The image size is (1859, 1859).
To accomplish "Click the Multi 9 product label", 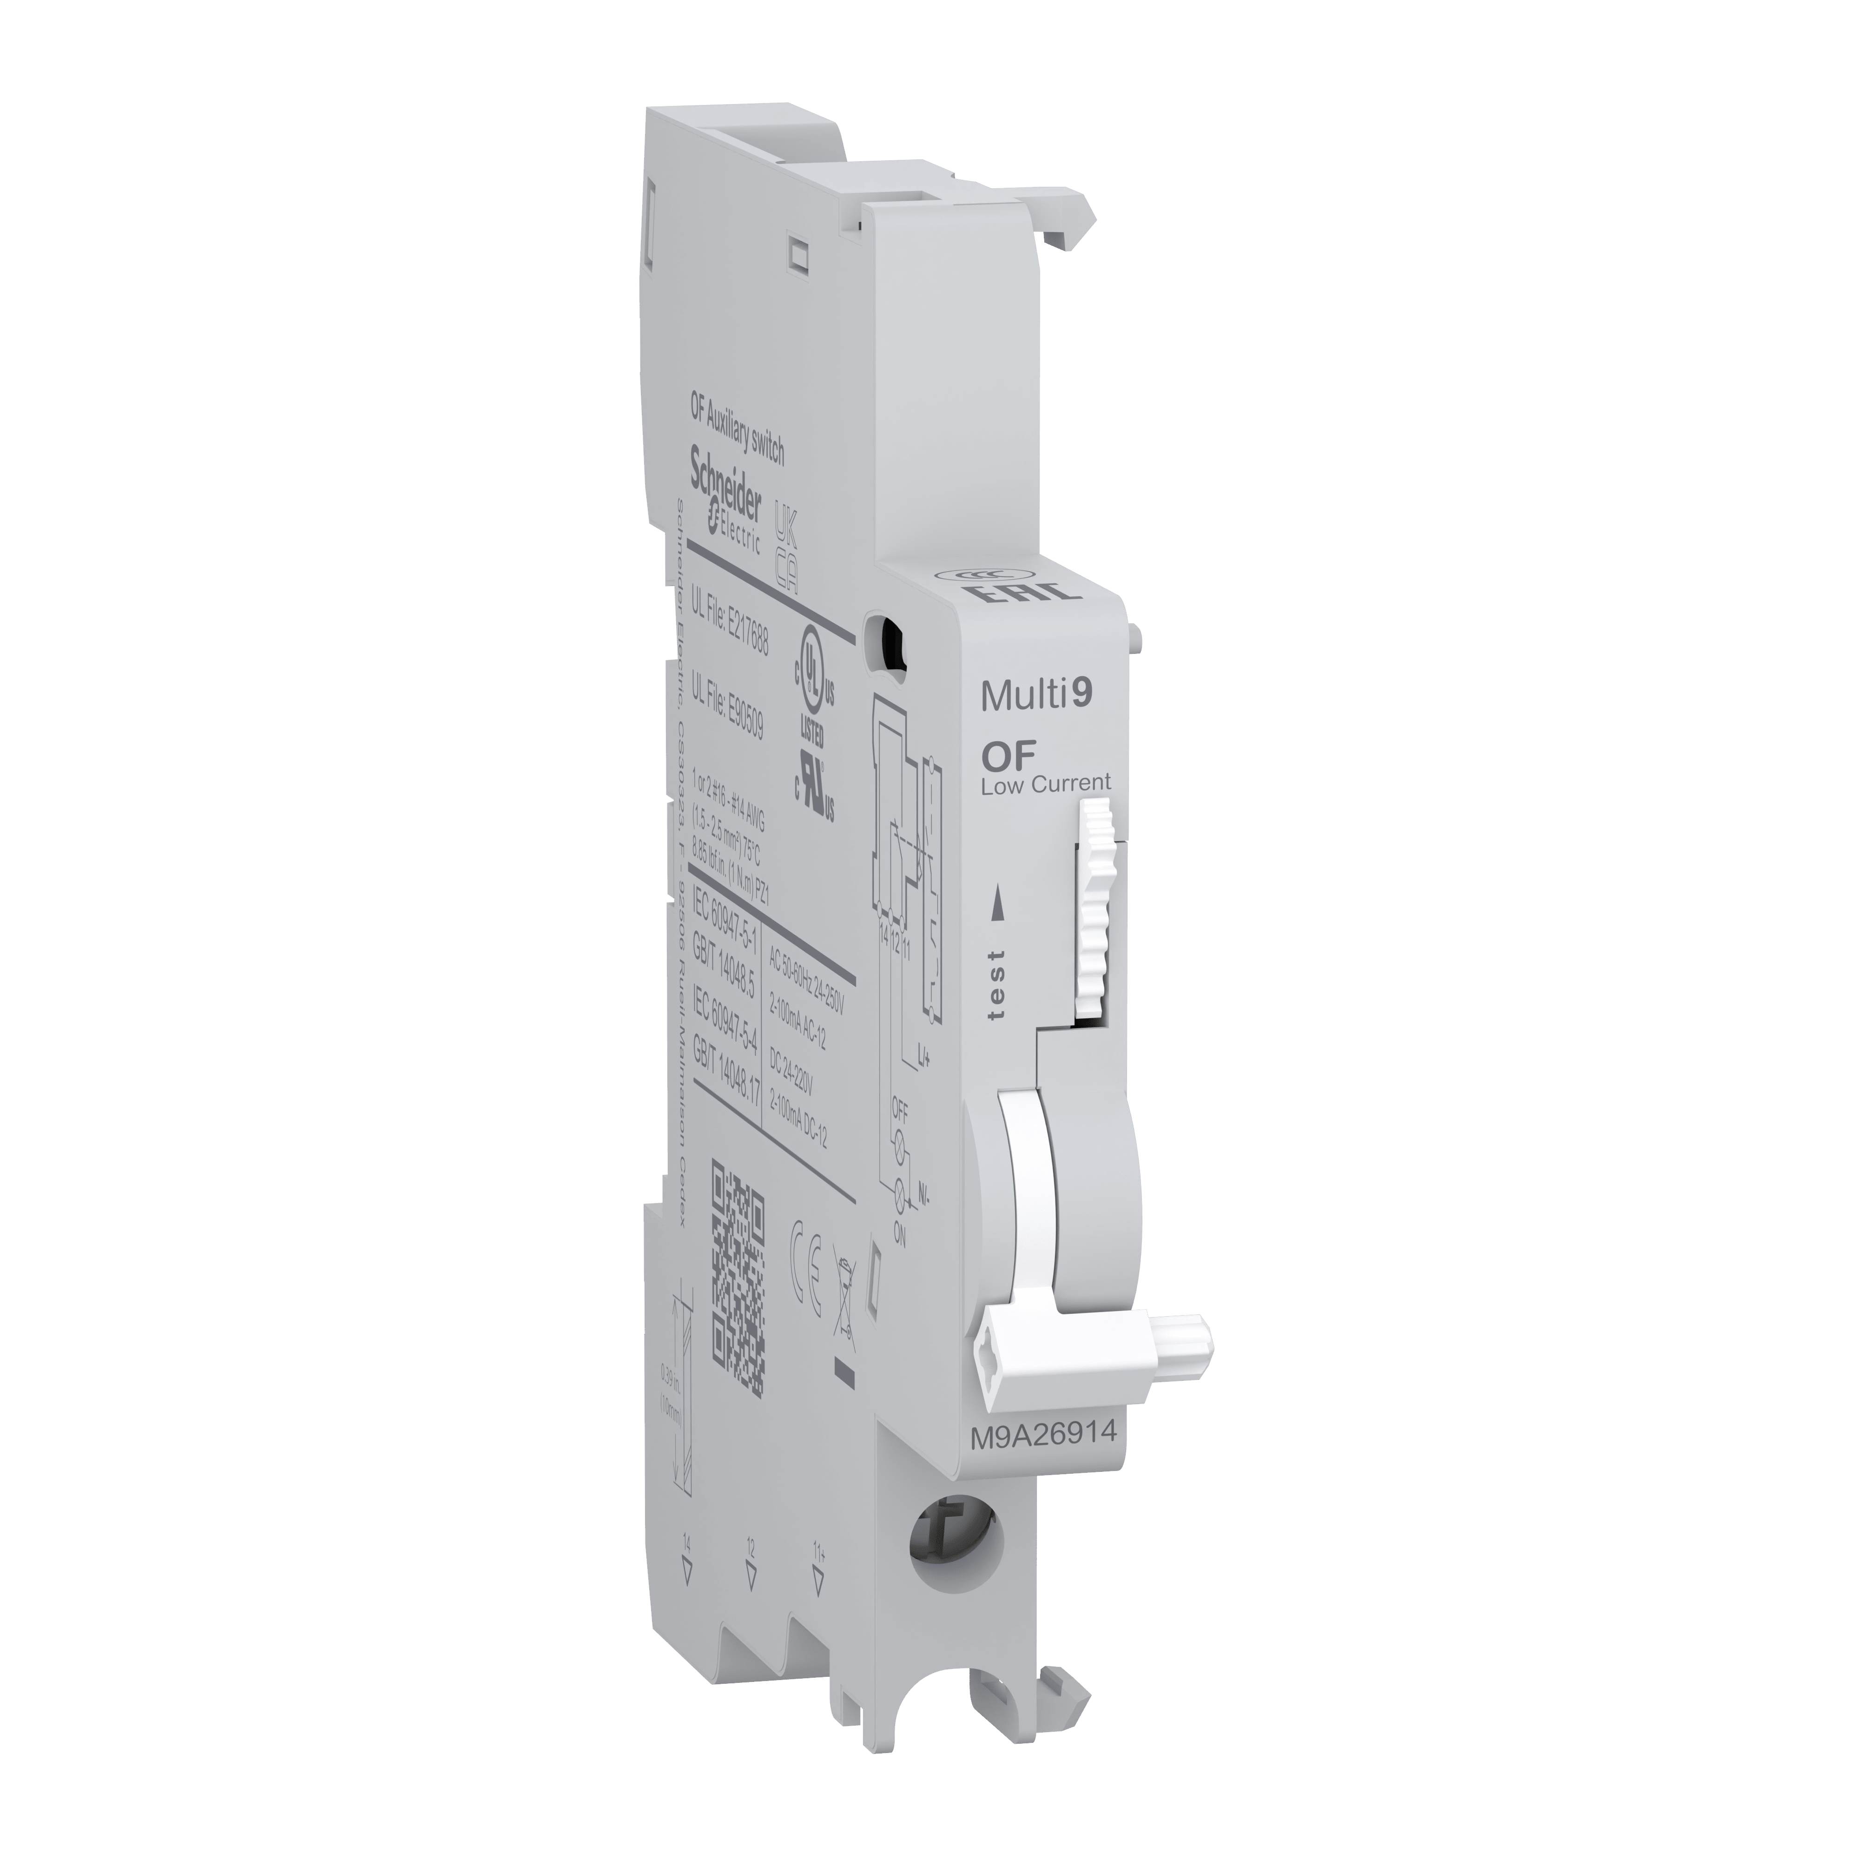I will pos(1036,695).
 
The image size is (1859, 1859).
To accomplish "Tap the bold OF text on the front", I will pos(1008,755).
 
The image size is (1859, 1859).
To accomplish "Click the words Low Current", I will pos(1045,784).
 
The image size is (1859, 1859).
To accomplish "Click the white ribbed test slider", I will pos(1094,910).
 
